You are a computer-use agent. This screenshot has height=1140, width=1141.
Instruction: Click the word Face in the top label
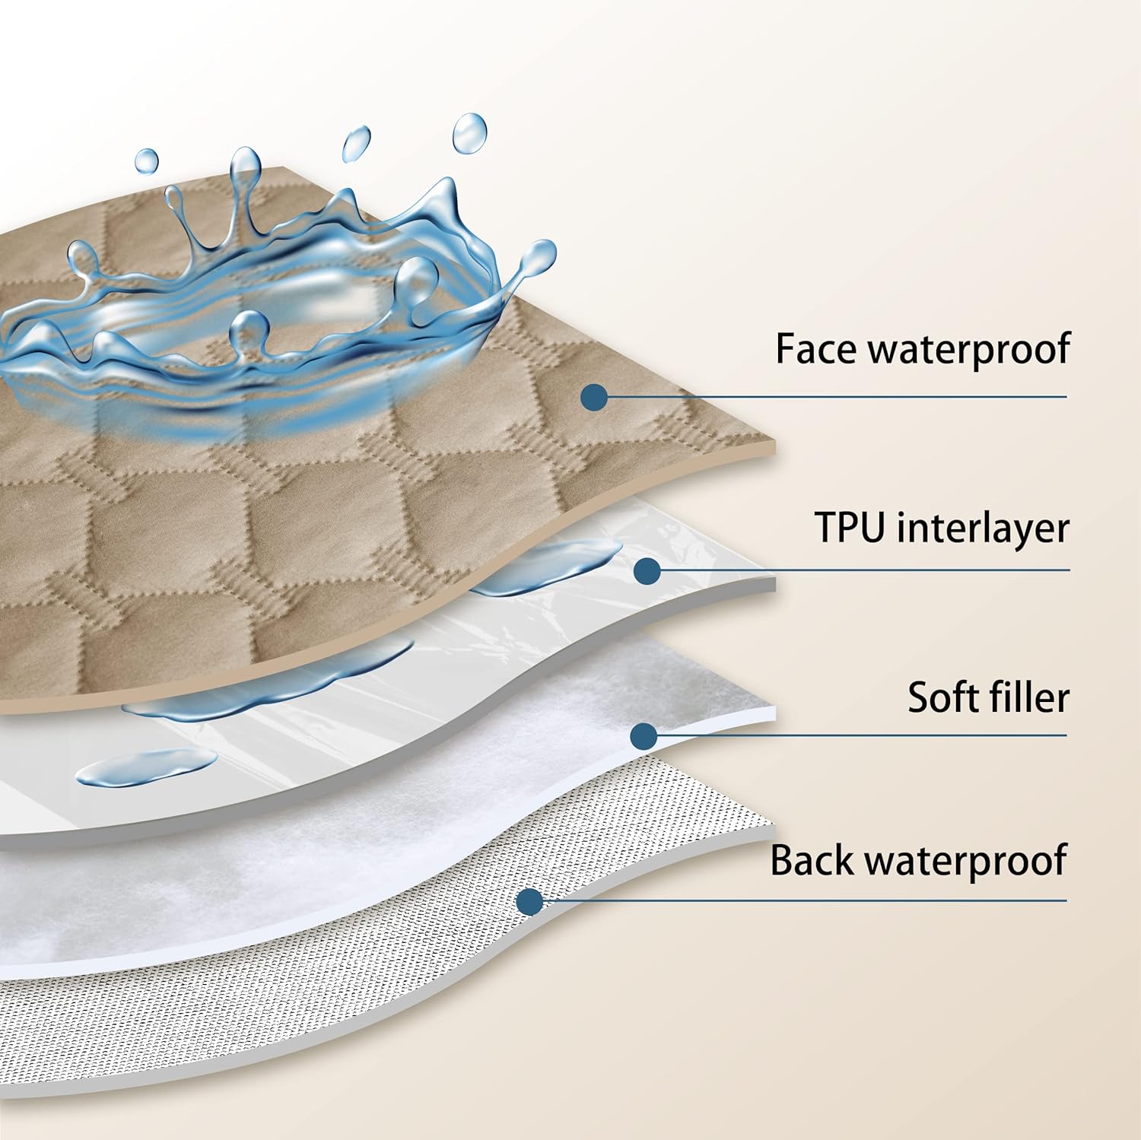click(817, 349)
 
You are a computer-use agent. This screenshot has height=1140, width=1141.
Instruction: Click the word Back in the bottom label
click(811, 861)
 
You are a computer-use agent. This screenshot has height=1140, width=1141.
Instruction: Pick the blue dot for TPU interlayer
click(647, 570)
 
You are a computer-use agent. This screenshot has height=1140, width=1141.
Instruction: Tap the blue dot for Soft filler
click(644, 735)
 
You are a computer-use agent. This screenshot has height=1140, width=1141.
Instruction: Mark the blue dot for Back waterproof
click(529, 902)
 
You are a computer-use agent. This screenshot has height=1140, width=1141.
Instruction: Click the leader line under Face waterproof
click(837, 396)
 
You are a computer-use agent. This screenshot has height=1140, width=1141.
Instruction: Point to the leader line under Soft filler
click(860, 735)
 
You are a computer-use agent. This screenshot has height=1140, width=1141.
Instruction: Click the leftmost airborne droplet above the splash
click(146, 160)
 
